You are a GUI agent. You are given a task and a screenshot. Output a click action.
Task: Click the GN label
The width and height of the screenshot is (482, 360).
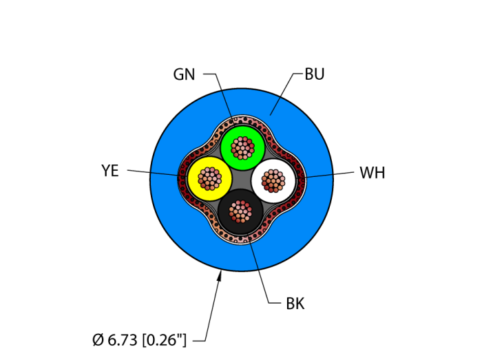[x=184, y=74]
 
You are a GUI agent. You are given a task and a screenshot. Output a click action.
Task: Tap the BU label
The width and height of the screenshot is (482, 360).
[x=314, y=74]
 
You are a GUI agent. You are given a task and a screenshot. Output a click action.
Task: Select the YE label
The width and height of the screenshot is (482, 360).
[x=110, y=171]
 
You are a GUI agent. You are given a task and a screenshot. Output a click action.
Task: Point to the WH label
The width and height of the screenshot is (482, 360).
[x=372, y=173]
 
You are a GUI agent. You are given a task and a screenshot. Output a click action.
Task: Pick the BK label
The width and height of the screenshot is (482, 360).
[x=295, y=304]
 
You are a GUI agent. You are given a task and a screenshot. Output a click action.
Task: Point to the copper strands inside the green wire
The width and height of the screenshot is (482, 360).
[x=242, y=147]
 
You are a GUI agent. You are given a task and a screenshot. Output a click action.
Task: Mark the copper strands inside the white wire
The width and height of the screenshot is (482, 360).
[x=273, y=180]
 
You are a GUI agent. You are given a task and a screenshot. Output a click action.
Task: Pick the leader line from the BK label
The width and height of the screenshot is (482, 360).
[x=260, y=272]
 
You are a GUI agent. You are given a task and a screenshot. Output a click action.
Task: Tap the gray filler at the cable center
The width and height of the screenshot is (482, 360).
[x=242, y=181]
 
